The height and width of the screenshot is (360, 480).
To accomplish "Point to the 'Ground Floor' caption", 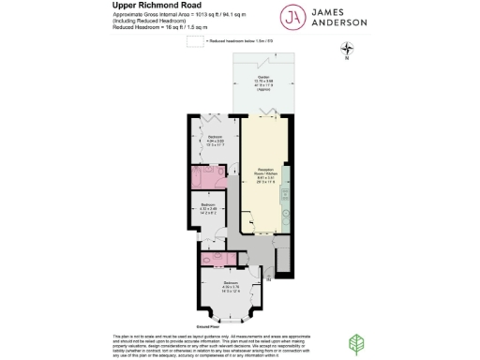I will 208,327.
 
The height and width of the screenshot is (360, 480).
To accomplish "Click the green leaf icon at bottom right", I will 356,342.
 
